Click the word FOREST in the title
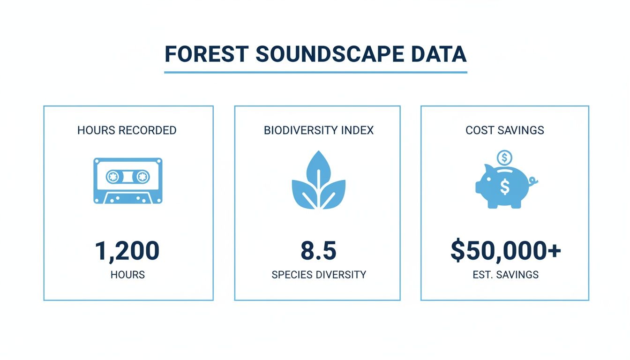[x=205, y=54]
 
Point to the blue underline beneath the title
[x=315, y=72]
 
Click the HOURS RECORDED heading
[x=127, y=130]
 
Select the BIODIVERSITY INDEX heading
[x=319, y=130]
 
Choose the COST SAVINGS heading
[x=505, y=130]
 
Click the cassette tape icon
[x=128, y=180]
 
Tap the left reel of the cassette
[x=113, y=177]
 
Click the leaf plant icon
[x=318, y=180]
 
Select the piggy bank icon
[x=504, y=187]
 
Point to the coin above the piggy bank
[x=504, y=157]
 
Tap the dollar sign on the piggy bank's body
[x=504, y=187]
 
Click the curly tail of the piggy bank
[x=534, y=180]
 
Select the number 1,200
[x=127, y=251]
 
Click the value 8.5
[x=318, y=251]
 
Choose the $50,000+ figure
[x=505, y=251]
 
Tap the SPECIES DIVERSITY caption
[x=319, y=275]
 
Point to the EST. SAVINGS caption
[x=505, y=275]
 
